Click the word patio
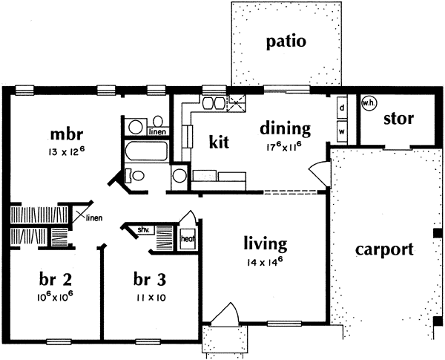click(286, 41)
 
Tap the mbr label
click(65, 135)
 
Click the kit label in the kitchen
click(217, 140)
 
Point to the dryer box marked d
click(342, 107)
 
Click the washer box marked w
click(342, 131)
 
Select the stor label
click(398, 119)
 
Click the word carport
click(383, 249)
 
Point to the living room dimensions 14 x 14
click(266, 263)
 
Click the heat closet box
click(187, 239)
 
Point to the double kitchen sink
click(214, 103)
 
